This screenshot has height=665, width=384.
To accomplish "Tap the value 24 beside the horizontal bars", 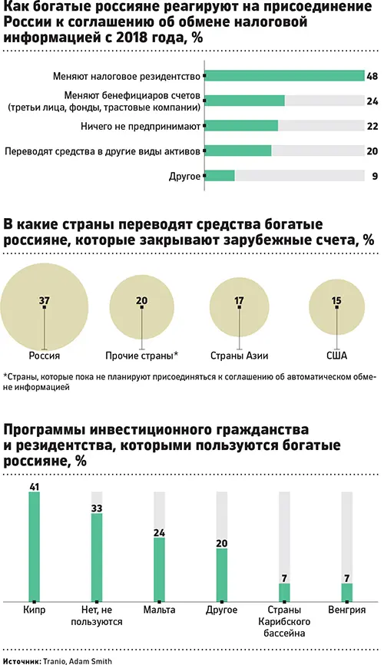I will point(372,100).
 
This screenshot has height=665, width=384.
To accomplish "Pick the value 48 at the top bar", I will point(372,76).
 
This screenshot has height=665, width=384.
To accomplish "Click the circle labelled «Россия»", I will point(45,306).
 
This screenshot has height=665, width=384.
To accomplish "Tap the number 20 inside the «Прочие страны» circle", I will point(141,300).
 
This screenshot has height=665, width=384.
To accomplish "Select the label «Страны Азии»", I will point(238,356).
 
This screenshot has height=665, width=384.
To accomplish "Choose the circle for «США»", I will point(336,306).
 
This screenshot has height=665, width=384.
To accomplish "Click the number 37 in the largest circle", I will point(44,300).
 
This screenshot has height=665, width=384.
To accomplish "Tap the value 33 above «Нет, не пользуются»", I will point(97,507).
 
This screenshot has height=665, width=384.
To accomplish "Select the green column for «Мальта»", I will point(159,569).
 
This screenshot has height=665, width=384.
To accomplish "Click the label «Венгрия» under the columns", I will point(346,612).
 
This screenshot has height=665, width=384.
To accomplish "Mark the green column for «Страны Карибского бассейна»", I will point(284,592).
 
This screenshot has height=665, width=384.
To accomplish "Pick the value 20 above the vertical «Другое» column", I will point(222,543).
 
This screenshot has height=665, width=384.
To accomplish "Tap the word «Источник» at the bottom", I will point(22,660).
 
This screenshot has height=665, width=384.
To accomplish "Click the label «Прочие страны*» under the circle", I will point(141,356).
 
